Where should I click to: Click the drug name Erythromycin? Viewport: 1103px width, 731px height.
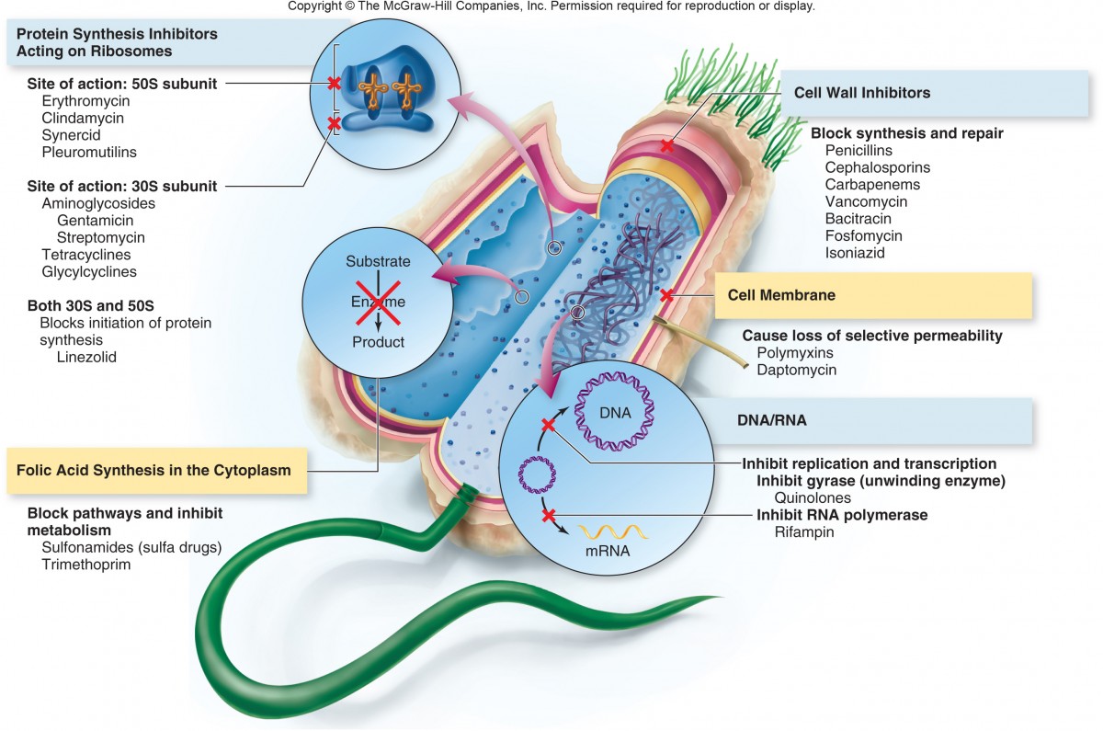pyautogui.click(x=85, y=100)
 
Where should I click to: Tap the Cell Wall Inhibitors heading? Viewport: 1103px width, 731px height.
pyautogui.click(x=862, y=93)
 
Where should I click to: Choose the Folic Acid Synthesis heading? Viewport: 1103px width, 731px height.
pyautogui.click(x=154, y=470)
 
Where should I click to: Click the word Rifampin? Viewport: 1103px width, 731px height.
pyautogui.click(x=804, y=531)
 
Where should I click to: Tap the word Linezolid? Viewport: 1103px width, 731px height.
pyautogui.click(x=86, y=357)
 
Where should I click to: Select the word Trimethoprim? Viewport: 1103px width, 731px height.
pyautogui.click(x=86, y=565)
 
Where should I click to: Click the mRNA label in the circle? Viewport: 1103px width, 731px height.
pyautogui.click(x=607, y=552)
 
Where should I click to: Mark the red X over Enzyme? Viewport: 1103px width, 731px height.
pyautogui.click(x=378, y=303)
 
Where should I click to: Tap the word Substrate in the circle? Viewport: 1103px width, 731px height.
pyautogui.click(x=378, y=262)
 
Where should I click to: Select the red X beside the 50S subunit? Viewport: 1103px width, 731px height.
pyautogui.click(x=334, y=84)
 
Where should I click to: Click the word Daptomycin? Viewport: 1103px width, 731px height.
pyautogui.click(x=796, y=370)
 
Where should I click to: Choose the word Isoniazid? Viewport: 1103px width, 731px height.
pyautogui.click(x=855, y=253)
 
